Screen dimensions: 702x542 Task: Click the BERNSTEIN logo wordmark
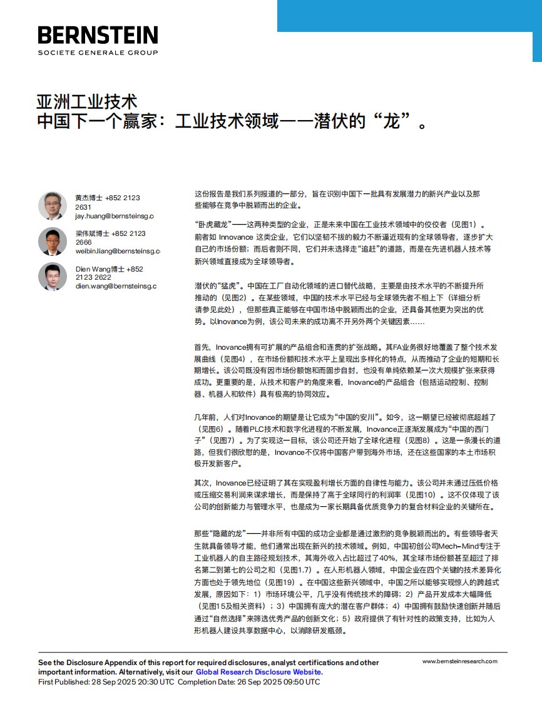coord(98,35)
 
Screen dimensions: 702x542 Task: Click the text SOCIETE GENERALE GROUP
coord(98,53)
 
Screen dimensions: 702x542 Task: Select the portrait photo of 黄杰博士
coord(53,206)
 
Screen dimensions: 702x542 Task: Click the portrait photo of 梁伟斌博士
coord(53,241)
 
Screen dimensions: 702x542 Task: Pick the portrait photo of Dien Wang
coord(53,277)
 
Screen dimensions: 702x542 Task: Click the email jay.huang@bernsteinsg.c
coord(114,216)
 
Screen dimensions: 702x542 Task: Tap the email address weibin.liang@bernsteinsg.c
coord(117,251)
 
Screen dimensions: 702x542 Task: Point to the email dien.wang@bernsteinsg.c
coord(116,286)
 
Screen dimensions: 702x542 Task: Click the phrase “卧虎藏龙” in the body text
coord(213,225)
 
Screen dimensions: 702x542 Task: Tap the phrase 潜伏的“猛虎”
coord(217,285)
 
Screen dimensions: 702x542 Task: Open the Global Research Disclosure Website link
coord(258,672)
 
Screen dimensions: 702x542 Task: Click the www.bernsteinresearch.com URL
coord(459,661)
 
